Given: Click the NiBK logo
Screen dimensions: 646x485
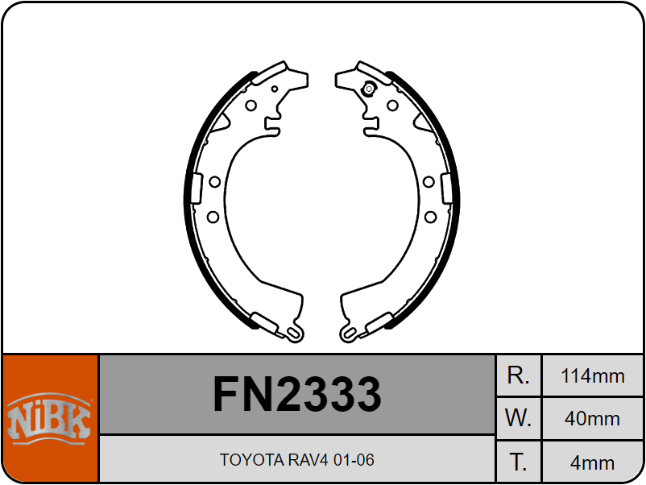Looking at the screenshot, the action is click(49, 418).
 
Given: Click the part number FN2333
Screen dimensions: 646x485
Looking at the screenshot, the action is click(297, 394).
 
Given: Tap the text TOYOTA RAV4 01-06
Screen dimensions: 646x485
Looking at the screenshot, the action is click(297, 460).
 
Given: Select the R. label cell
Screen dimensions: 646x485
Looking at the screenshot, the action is click(518, 375).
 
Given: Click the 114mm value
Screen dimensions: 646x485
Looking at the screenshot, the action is click(593, 376).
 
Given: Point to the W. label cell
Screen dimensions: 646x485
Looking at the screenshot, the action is click(518, 418).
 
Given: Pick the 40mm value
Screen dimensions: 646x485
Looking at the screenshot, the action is click(593, 419).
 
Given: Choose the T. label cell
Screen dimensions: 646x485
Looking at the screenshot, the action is click(518, 462).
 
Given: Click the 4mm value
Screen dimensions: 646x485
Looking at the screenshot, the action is click(593, 462).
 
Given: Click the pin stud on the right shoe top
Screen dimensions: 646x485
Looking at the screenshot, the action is click(369, 89).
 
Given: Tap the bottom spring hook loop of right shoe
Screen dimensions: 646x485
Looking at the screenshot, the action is click(349, 334).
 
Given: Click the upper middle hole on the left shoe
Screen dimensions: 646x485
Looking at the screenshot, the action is click(214, 182).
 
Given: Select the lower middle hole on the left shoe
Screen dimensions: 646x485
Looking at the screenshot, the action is click(213, 217).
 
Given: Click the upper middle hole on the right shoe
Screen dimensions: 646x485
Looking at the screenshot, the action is click(429, 182).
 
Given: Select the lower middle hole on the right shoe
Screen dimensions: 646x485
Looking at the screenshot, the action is click(430, 217).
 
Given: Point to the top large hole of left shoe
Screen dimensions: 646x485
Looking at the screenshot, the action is click(251, 106).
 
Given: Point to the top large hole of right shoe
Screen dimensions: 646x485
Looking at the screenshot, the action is click(392, 106).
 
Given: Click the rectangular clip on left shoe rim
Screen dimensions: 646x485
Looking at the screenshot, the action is click(197, 189).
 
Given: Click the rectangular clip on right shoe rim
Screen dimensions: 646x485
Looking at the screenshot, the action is click(447, 189).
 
